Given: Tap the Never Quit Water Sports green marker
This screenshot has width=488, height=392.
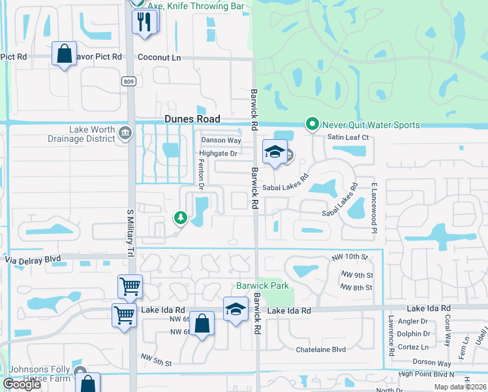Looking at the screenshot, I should click(x=313, y=124).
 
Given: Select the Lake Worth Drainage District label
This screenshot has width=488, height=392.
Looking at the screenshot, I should click(x=82, y=134).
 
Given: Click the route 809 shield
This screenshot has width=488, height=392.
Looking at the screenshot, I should click(x=128, y=81).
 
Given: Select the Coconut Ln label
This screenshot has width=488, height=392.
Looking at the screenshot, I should click(x=159, y=57).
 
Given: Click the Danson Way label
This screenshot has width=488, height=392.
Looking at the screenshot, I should click(x=221, y=140).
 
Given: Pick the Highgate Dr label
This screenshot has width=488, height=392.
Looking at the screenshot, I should click(x=217, y=154).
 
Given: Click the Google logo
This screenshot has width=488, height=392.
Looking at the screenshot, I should click(x=21, y=384).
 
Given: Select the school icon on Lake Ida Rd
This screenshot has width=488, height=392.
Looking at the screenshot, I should click(x=236, y=308).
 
